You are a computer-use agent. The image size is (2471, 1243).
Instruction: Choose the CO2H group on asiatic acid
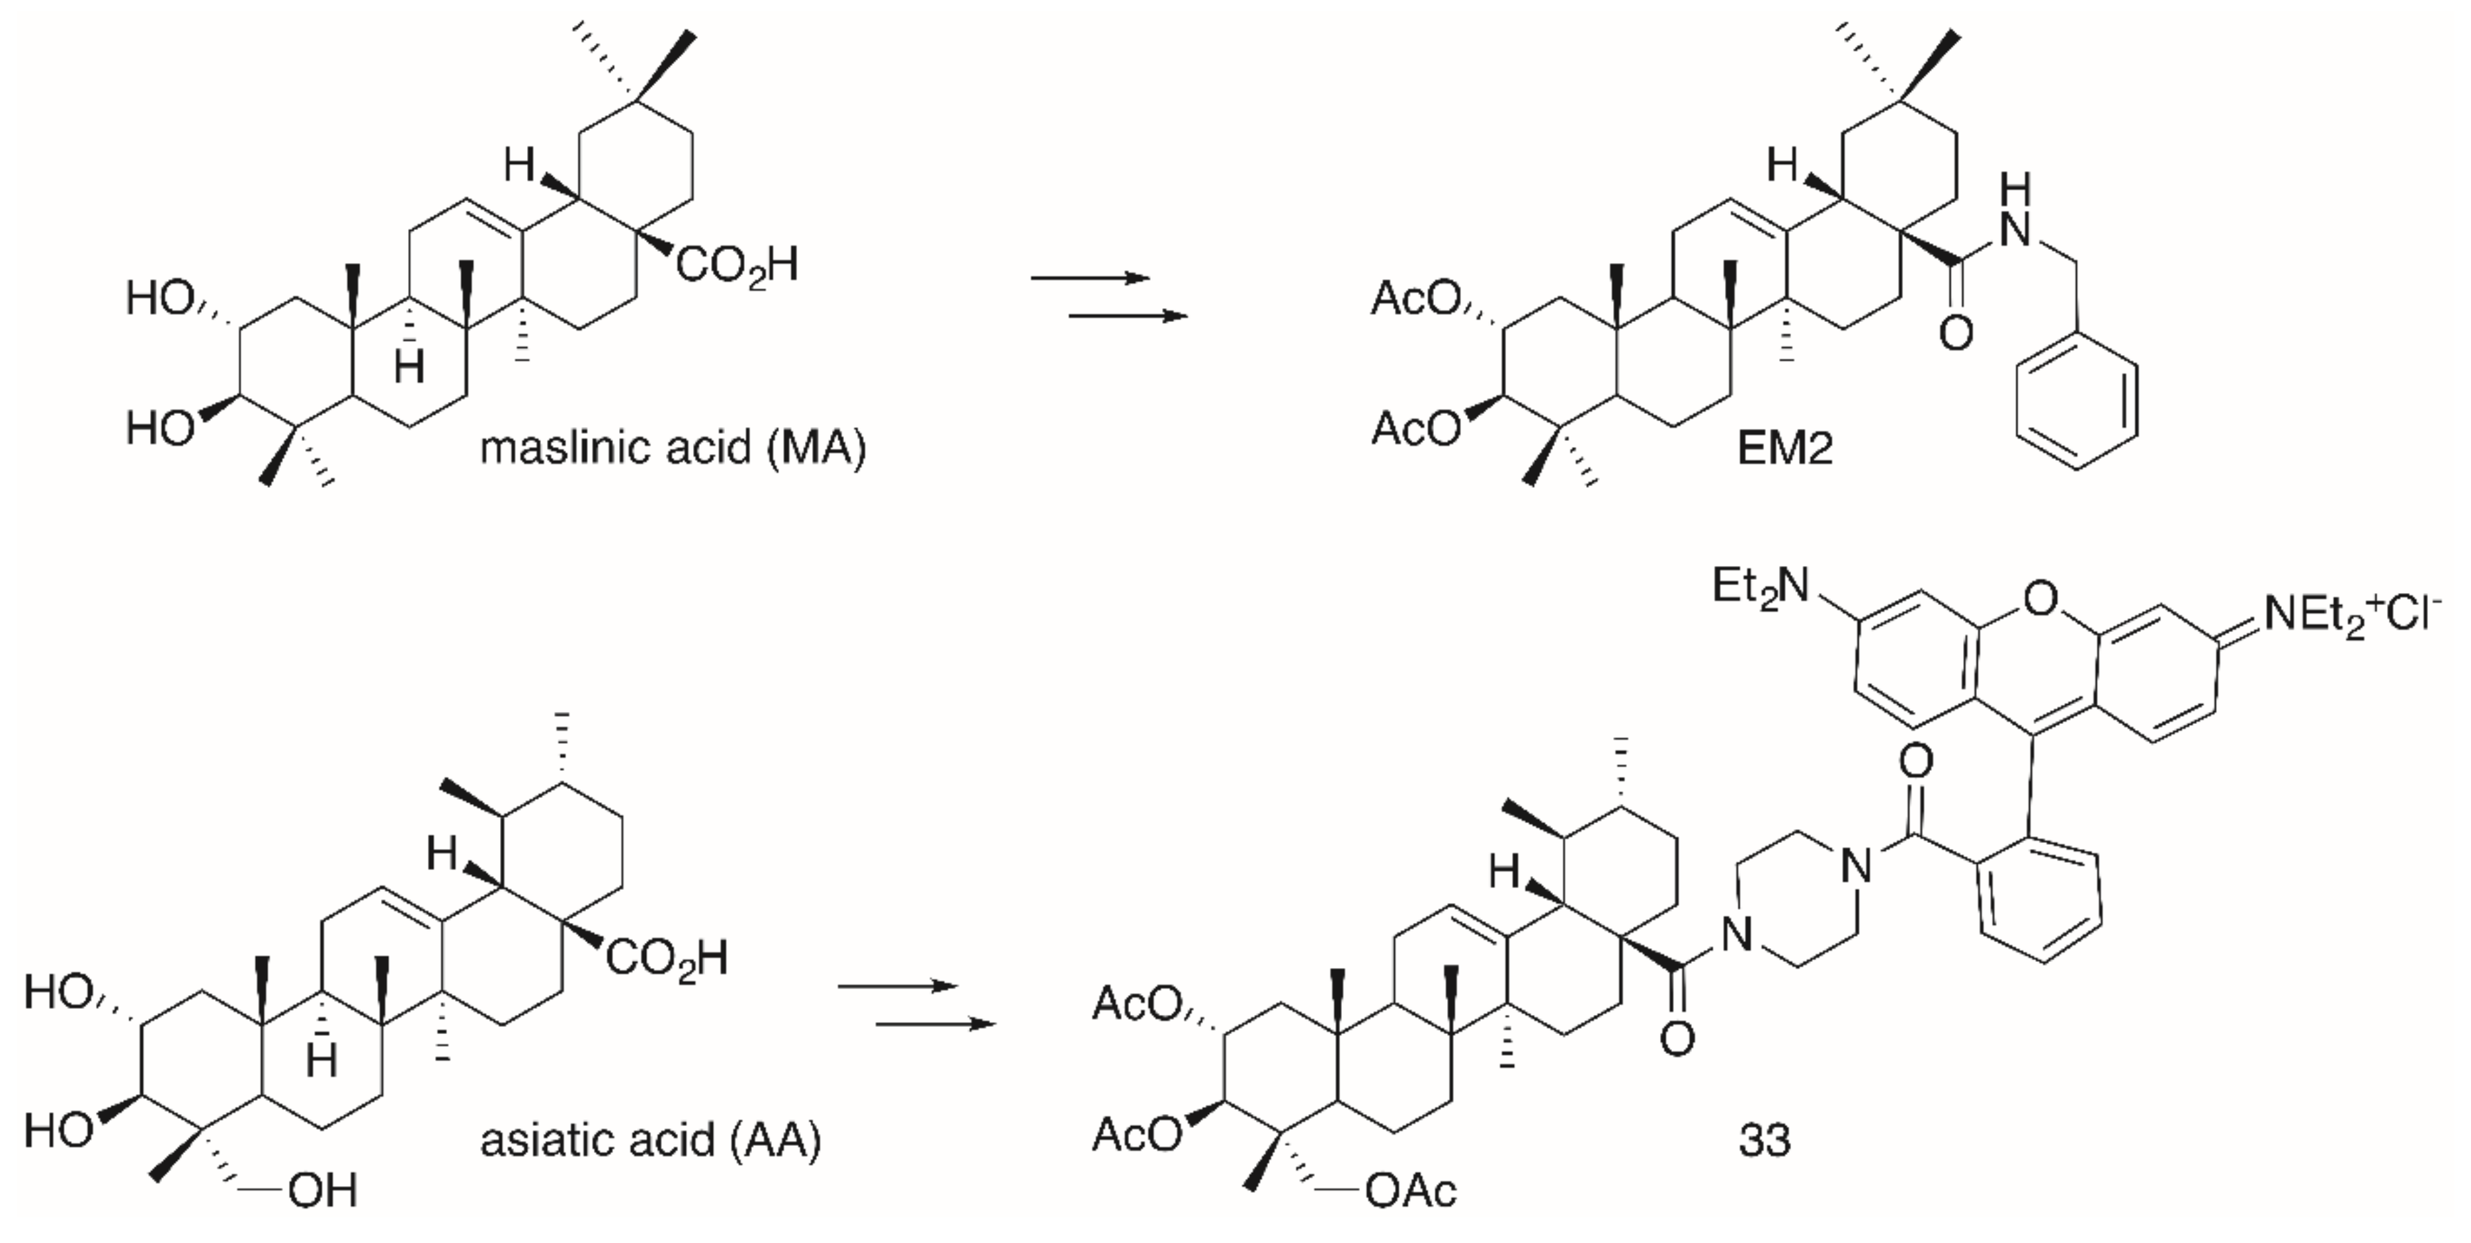click(667, 958)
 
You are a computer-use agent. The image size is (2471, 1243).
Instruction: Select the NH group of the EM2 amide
click(2017, 213)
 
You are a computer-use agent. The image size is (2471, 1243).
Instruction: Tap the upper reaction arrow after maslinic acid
click(1091, 278)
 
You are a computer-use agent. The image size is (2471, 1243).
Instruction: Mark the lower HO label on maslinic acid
click(160, 428)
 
